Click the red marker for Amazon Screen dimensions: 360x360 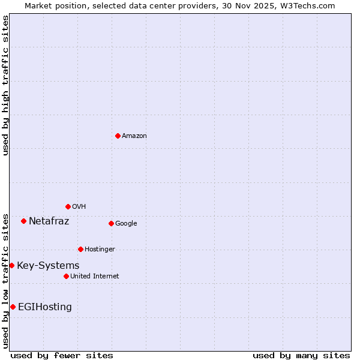click(118, 136)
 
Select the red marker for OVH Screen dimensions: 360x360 click(68, 206)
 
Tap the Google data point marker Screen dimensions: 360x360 click(111, 223)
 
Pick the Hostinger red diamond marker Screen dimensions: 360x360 click(80, 249)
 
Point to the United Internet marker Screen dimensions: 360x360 click(66, 276)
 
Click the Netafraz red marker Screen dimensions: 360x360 click(23, 221)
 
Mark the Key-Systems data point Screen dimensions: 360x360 click(11, 265)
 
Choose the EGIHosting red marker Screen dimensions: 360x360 click(13, 307)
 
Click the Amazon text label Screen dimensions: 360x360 click(134, 136)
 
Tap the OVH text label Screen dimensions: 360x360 click(79, 207)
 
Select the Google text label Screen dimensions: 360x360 click(126, 224)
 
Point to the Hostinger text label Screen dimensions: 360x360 click(100, 250)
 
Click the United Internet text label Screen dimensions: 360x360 click(95, 277)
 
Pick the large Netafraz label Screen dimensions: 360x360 click(49, 221)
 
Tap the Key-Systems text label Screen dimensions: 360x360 click(48, 266)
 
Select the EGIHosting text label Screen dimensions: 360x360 click(45, 307)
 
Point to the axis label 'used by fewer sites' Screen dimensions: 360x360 click(62, 355)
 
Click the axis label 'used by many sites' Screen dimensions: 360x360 click(301, 355)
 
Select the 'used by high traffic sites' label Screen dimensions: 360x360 click(5, 85)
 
